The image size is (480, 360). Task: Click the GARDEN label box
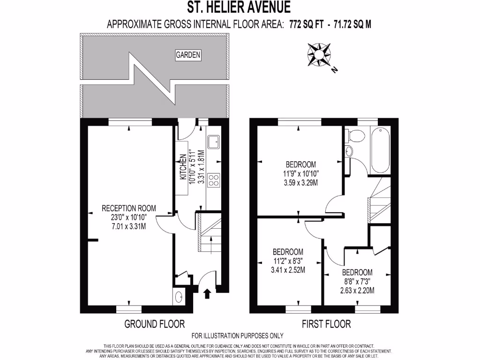coord(188,55)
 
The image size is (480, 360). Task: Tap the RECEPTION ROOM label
coord(129,208)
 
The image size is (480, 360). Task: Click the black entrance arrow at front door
coord(207,293)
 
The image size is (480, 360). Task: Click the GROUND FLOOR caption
coord(154,324)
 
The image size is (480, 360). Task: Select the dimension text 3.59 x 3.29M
coord(300,183)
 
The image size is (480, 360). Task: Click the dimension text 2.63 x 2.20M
coord(357,291)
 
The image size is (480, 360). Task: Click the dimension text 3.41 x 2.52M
coord(288,270)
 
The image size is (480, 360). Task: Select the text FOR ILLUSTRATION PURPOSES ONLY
coord(238,336)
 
